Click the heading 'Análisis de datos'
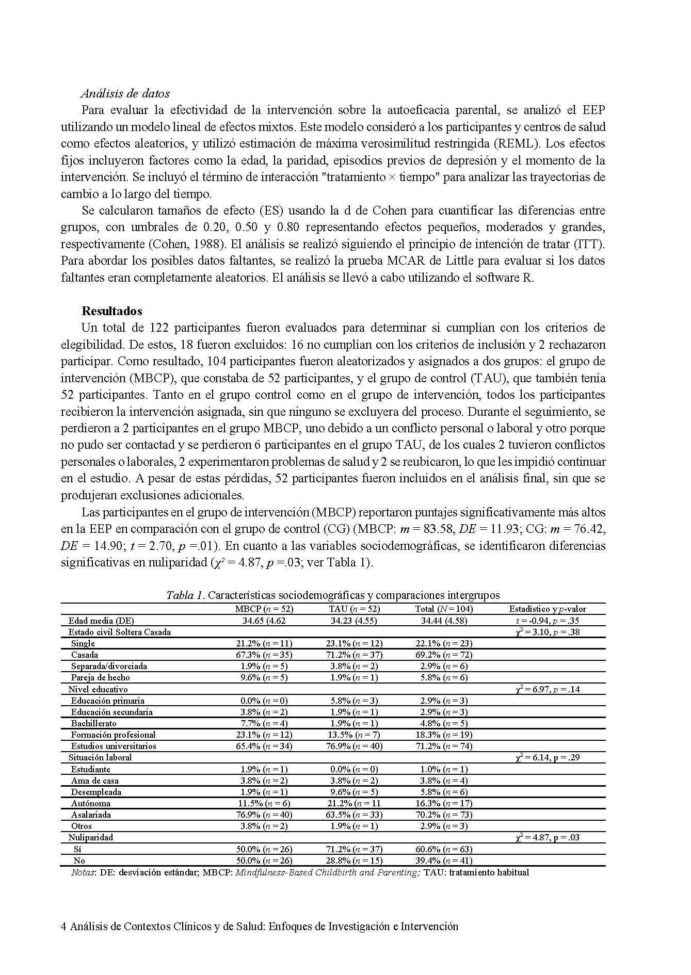pyautogui.click(x=125, y=93)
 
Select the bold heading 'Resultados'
pyautogui.click(x=112, y=311)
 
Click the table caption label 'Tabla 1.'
pyautogui.click(x=185, y=595)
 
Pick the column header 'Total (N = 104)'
pyautogui.click(x=444, y=609)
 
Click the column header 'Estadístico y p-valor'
pyautogui.click(x=548, y=609)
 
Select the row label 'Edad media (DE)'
pyautogui.click(x=101, y=621)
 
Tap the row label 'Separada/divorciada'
pyautogui.click(x=109, y=666)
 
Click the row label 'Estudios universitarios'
pyautogui.click(x=114, y=746)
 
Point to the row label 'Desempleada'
pyautogui.click(x=97, y=792)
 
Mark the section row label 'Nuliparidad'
pyautogui.click(x=90, y=837)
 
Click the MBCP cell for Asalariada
pyautogui.click(x=264, y=815)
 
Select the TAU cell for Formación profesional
pyautogui.click(x=355, y=735)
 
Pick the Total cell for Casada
pyautogui.click(x=444, y=655)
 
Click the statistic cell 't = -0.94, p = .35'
pyautogui.click(x=548, y=621)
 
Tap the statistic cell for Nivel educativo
pyautogui.click(x=548, y=689)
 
